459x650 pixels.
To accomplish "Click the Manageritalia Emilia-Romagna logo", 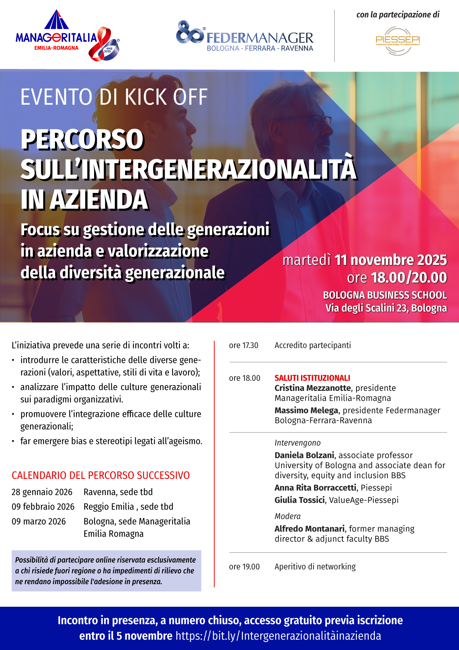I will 67,37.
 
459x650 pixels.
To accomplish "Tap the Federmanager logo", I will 245,37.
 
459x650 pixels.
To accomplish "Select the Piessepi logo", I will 398,41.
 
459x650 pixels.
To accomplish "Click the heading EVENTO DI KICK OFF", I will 114,97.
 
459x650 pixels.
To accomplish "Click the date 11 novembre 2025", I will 391,260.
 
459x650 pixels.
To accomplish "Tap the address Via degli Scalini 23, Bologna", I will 386,308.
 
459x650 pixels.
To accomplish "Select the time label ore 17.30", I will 244,345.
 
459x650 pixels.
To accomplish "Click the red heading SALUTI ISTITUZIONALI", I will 312,378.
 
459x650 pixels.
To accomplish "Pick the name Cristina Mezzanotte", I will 313,388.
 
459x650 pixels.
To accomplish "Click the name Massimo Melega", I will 306,410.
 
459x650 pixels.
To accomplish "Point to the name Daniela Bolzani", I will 304,455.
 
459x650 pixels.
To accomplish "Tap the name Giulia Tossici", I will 299,500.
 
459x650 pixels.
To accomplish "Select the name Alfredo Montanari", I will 309,529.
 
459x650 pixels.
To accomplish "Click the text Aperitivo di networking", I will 315,567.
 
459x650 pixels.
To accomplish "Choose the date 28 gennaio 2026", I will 42,492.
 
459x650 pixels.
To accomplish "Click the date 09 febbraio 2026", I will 43,507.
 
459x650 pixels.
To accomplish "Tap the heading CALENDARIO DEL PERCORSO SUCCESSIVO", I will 101,475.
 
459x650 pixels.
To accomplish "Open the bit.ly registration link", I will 278,636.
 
